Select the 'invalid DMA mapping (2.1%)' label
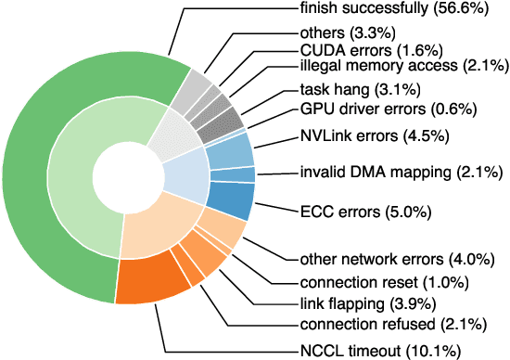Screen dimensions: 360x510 pos(400,172)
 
